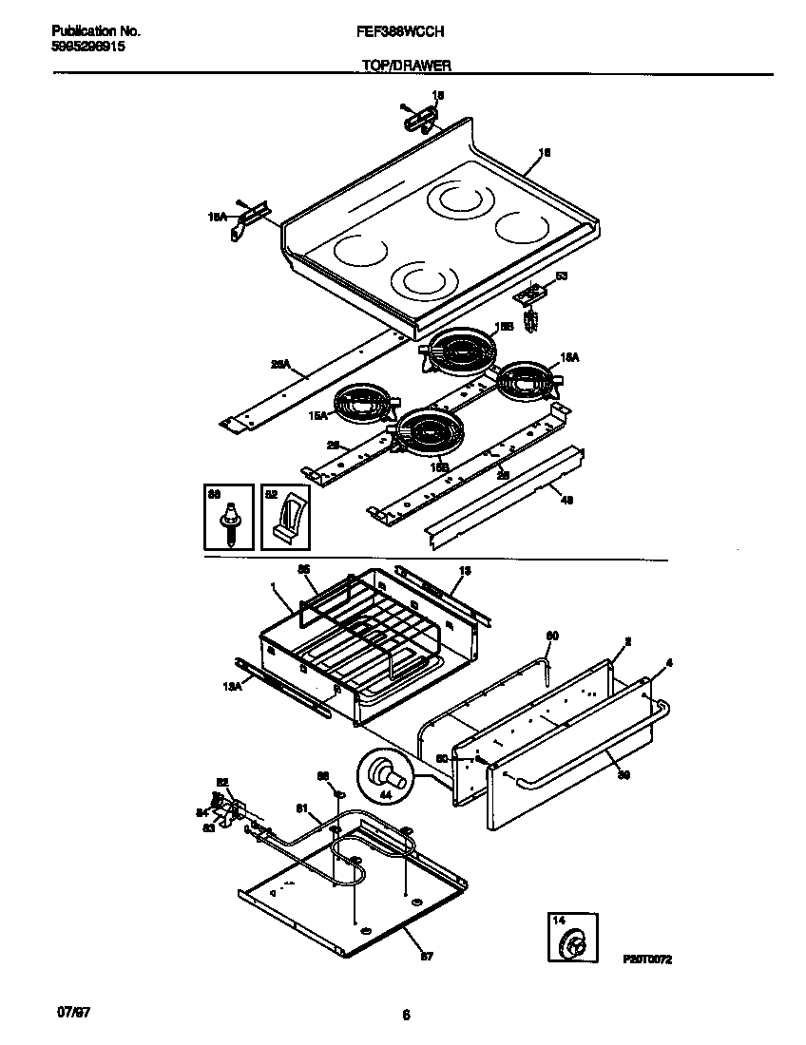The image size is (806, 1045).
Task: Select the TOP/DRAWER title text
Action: coord(406,66)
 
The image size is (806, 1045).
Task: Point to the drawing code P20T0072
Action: coord(647,960)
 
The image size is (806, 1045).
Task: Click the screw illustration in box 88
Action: coord(229,524)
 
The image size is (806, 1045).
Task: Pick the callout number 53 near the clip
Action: coord(561,276)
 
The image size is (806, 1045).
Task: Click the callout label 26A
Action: coord(279,363)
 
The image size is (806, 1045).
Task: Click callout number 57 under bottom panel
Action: coord(426,957)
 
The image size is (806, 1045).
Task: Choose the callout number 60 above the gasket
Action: coord(551,636)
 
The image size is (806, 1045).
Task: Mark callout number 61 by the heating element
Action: coord(302,808)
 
